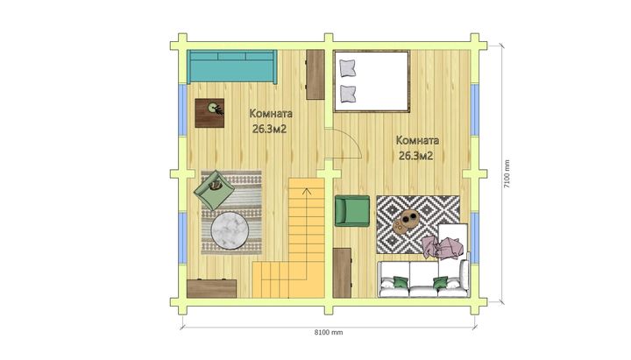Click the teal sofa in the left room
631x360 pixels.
231,67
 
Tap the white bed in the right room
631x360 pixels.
372,81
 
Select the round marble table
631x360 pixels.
230,230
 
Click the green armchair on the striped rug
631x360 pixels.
214,190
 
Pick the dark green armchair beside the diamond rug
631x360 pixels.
352,211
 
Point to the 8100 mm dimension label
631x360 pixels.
329,332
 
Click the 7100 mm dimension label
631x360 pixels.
507,173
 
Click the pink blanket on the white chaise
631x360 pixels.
442,247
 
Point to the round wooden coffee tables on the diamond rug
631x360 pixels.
406,222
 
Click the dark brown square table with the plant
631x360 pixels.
209,113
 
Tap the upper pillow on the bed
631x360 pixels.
348,68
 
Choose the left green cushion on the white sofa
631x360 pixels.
401,282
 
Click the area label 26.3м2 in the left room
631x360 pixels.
270,129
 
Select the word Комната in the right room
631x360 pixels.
417,140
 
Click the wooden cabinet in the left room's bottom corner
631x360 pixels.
212,288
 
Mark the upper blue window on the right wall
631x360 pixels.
475,109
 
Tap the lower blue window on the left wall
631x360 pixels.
182,237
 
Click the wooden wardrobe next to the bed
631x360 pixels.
315,74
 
